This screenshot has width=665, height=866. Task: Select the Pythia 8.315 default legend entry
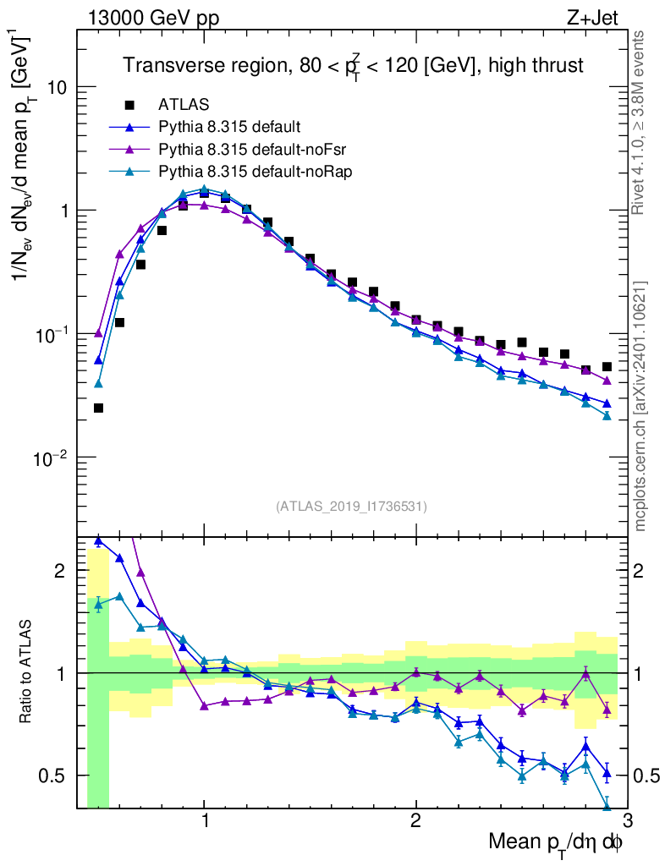(228, 128)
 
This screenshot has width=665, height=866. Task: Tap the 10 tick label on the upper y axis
(57, 88)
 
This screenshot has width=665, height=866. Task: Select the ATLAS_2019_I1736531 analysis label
(351, 507)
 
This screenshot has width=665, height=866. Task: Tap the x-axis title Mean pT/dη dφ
(556, 843)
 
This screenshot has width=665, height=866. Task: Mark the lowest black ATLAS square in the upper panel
(98, 408)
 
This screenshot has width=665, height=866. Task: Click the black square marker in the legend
(129, 106)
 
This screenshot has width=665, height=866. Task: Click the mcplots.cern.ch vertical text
(640, 406)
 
